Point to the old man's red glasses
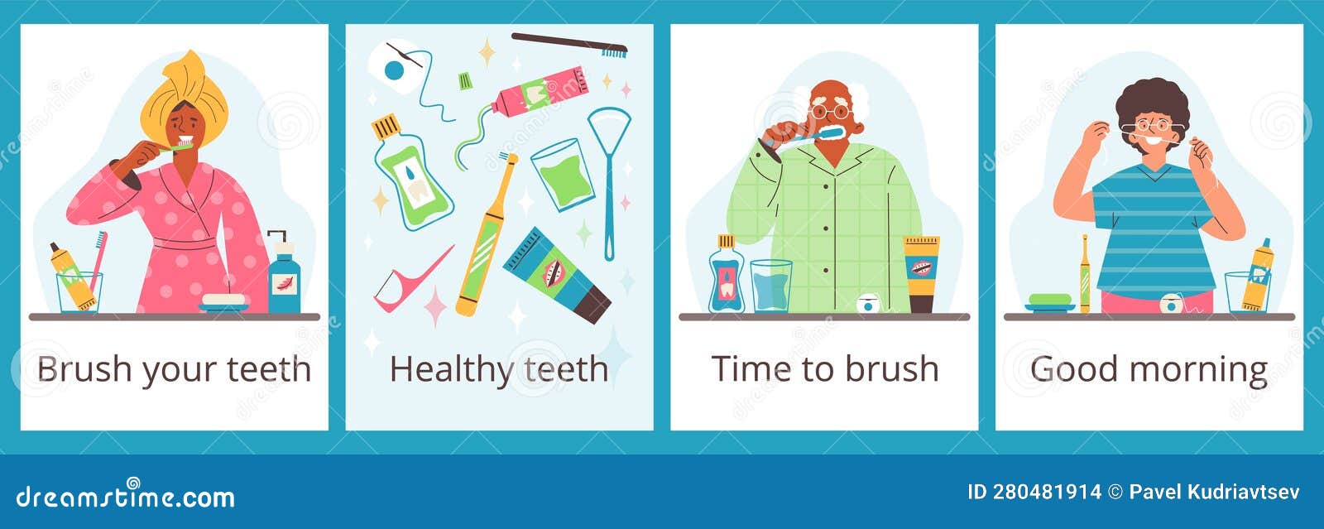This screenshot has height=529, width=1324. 830,111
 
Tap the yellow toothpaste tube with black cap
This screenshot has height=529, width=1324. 921,273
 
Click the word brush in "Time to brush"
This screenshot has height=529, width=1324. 898,369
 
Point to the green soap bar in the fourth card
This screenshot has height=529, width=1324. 1049,300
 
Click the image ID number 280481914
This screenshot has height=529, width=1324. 1046,492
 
